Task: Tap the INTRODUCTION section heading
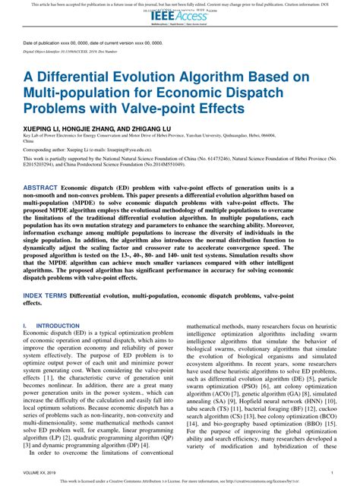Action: tap(53, 326)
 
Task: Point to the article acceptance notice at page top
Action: tap(180, 4)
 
